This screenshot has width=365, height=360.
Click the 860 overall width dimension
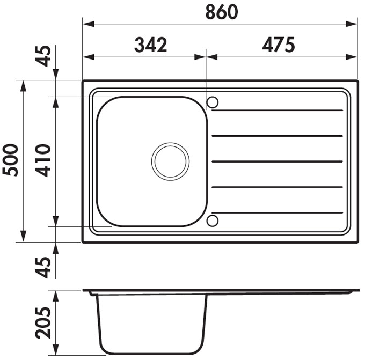tap(222, 12)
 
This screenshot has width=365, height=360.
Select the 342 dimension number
tap(151, 45)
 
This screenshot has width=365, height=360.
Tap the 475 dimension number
tap(279, 45)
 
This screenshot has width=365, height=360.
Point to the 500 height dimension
tap(11, 160)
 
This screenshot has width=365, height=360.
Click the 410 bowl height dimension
tap(43, 160)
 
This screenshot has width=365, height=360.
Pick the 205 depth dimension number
tap(43, 323)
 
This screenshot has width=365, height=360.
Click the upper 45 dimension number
tap(43, 56)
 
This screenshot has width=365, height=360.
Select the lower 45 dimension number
tap(43, 267)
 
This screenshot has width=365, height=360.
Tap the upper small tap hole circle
tap(213, 97)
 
